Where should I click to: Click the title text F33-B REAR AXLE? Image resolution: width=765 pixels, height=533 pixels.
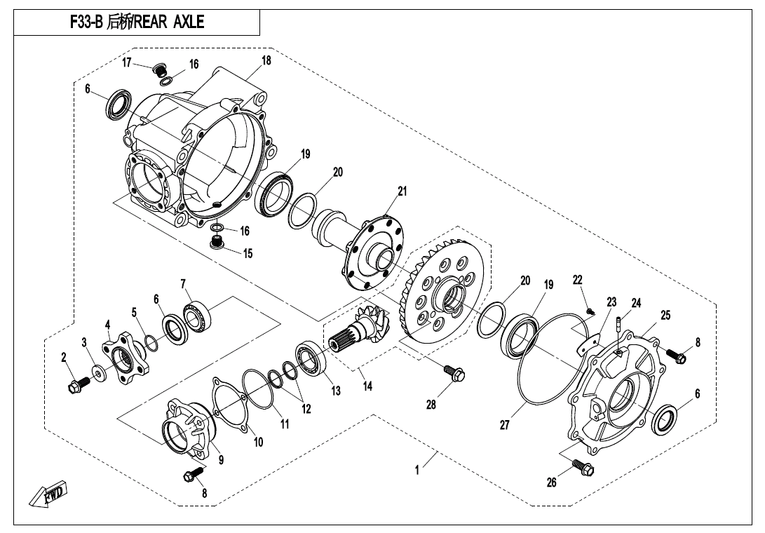point(137,22)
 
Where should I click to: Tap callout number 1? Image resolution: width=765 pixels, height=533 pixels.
point(417,471)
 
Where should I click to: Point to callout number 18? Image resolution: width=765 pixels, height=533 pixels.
point(266,60)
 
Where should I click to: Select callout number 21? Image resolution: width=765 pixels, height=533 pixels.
point(402,191)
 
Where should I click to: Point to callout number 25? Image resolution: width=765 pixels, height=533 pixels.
point(665,316)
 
